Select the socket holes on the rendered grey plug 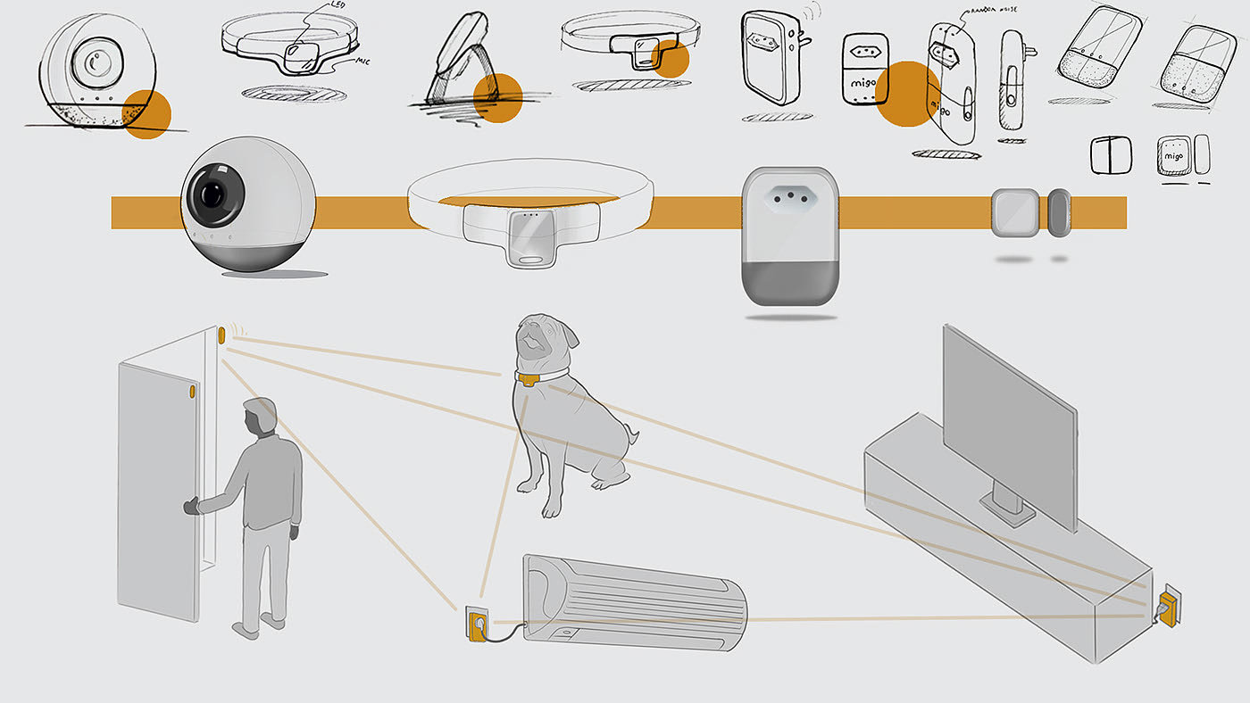coord(789,194)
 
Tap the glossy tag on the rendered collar coord(530,238)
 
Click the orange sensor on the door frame coord(221,335)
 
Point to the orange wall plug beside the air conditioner coord(474,624)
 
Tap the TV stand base coord(1008,508)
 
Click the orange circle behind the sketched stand coord(496,97)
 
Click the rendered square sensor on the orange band coord(1014,212)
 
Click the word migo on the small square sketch coord(1172,155)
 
